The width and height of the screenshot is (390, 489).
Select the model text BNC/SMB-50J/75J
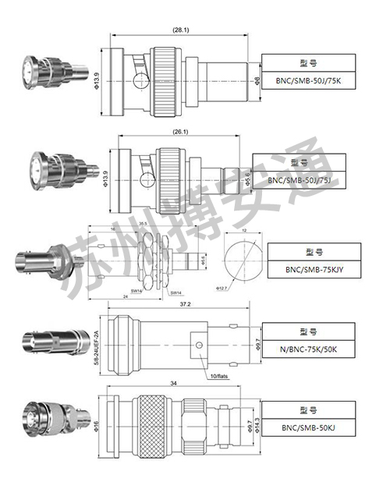pos(300,180)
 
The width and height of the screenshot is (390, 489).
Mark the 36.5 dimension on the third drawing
pos(143,224)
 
